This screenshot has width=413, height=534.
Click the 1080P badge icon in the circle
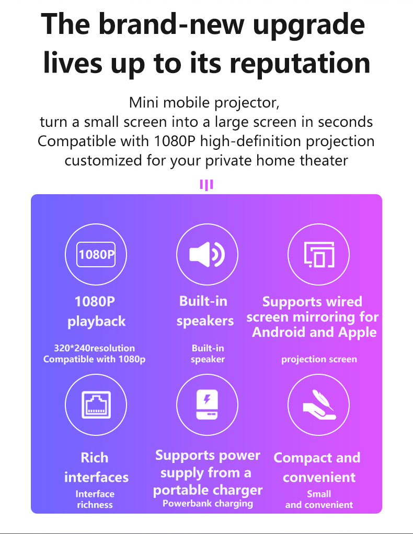pyautogui.click(x=96, y=254)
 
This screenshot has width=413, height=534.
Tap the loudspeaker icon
pyautogui.click(x=207, y=254)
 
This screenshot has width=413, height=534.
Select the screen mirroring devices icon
pyautogui.click(x=319, y=254)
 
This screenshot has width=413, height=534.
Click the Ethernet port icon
pyautogui.click(x=96, y=405)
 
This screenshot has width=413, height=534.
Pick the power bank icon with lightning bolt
pyautogui.click(x=207, y=405)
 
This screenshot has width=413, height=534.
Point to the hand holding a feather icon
pyautogui.click(x=318, y=405)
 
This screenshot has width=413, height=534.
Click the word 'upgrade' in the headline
pyautogui.click(x=309, y=26)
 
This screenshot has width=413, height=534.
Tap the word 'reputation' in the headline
pyautogui.click(x=300, y=63)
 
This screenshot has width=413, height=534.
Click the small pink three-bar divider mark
pyautogui.click(x=206, y=185)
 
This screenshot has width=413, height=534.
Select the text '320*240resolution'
pyautogui.click(x=95, y=348)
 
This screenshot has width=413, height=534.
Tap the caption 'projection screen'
pyautogui.click(x=319, y=359)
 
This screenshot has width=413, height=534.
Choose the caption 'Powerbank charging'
pyautogui.click(x=208, y=503)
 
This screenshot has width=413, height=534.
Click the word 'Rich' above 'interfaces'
pyautogui.click(x=95, y=458)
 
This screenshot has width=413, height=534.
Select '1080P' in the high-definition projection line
pyautogui.click(x=174, y=141)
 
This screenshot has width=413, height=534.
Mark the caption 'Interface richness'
pyautogui.click(x=95, y=499)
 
